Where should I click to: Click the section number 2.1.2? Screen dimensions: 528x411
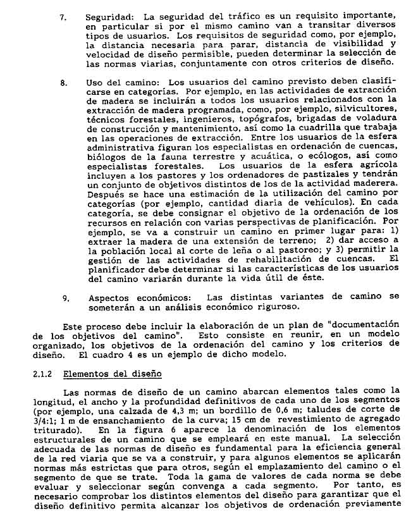(46, 374)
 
